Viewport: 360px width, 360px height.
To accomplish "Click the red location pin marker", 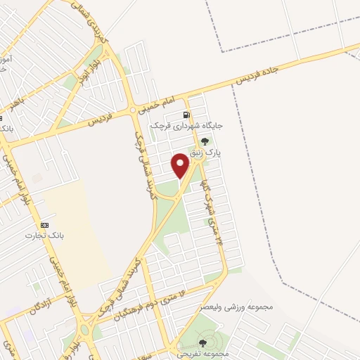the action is coord(181,165).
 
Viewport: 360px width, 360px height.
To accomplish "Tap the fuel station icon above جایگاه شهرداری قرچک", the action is coord(186,115).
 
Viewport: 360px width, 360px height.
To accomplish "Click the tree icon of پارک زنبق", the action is coord(205,141).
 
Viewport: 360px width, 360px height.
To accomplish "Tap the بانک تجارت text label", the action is coord(40,235).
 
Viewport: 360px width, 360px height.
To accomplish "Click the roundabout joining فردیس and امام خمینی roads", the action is coord(132,110).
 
